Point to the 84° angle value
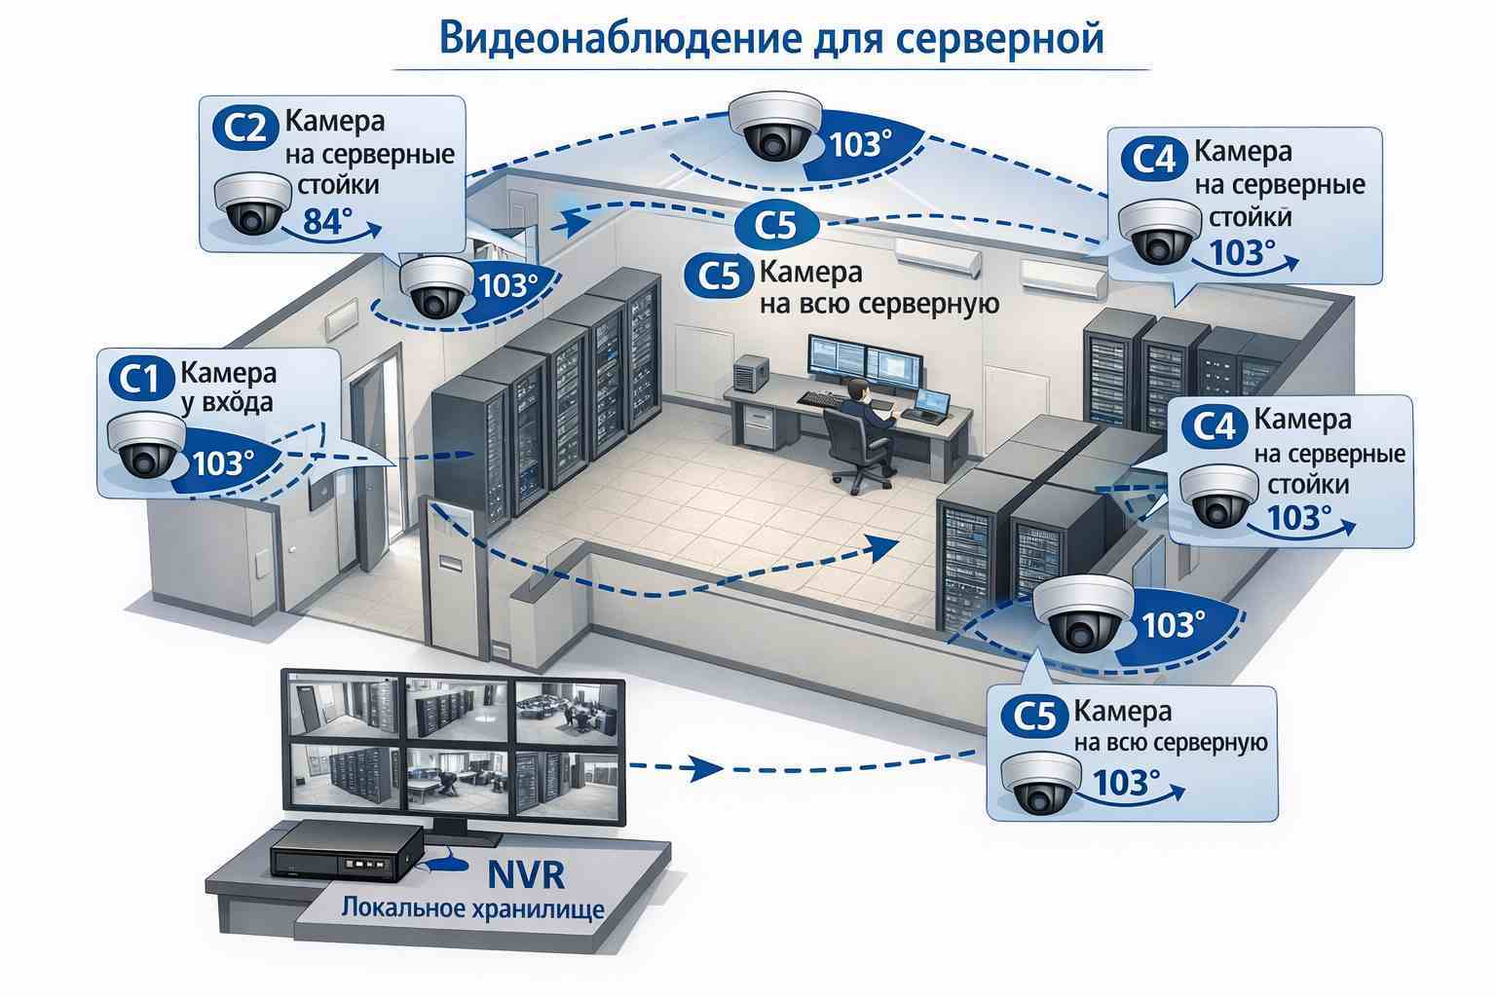(324, 222)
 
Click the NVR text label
(523, 873)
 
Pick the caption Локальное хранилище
(472, 909)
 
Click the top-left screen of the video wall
(340, 708)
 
